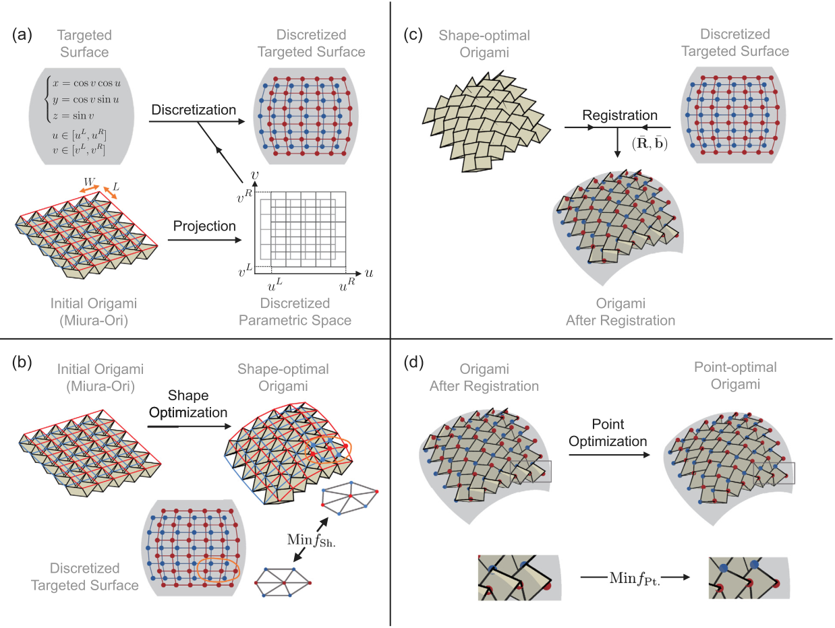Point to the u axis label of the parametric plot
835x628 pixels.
tap(369, 273)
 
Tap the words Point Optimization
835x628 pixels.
tap(609, 432)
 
